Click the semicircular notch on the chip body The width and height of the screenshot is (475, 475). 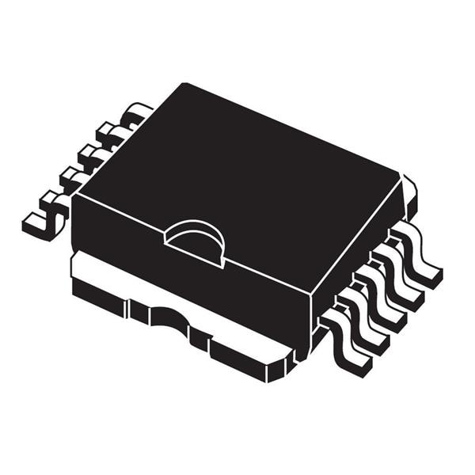(x=195, y=237)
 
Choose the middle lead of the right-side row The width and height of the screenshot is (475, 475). (x=386, y=298)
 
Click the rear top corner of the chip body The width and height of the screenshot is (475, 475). (x=184, y=84)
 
